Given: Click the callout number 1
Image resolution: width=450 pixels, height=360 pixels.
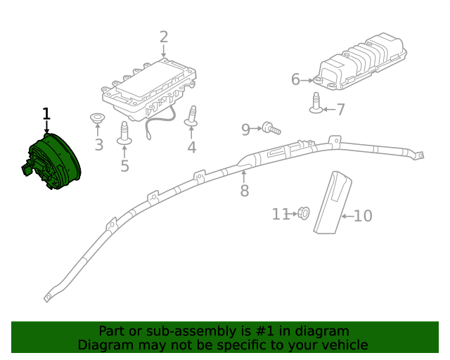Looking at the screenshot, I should [x=46, y=113].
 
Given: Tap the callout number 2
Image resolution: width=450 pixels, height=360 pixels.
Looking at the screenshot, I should [x=163, y=37].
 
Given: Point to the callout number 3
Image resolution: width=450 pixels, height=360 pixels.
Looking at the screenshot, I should [x=98, y=146].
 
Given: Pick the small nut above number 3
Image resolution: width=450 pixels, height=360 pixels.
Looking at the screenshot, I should [x=97, y=118].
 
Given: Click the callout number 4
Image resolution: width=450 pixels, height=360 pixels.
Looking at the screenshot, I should [x=191, y=147].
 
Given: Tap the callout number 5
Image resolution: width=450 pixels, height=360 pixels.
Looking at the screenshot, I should [x=124, y=166].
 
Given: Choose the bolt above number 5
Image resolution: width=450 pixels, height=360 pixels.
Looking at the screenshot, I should [x=124, y=134].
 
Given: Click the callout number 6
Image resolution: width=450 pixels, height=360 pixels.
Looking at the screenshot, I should [x=295, y=79].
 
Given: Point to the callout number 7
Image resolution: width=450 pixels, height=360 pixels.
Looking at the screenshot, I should [x=340, y=110].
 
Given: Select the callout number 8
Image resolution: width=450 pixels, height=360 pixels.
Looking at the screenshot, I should [x=244, y=191].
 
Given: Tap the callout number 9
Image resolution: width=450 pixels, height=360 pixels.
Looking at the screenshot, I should [x=245, y=129].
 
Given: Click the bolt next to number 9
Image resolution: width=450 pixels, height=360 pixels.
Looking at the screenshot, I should [x=271, y=128].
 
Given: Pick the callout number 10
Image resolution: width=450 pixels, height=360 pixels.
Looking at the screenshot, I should [x=363, y=216].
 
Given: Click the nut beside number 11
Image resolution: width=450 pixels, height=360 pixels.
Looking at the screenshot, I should [x=304, y=212].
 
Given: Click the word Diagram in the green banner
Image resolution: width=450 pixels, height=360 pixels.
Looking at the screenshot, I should [x=103, y=345].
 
